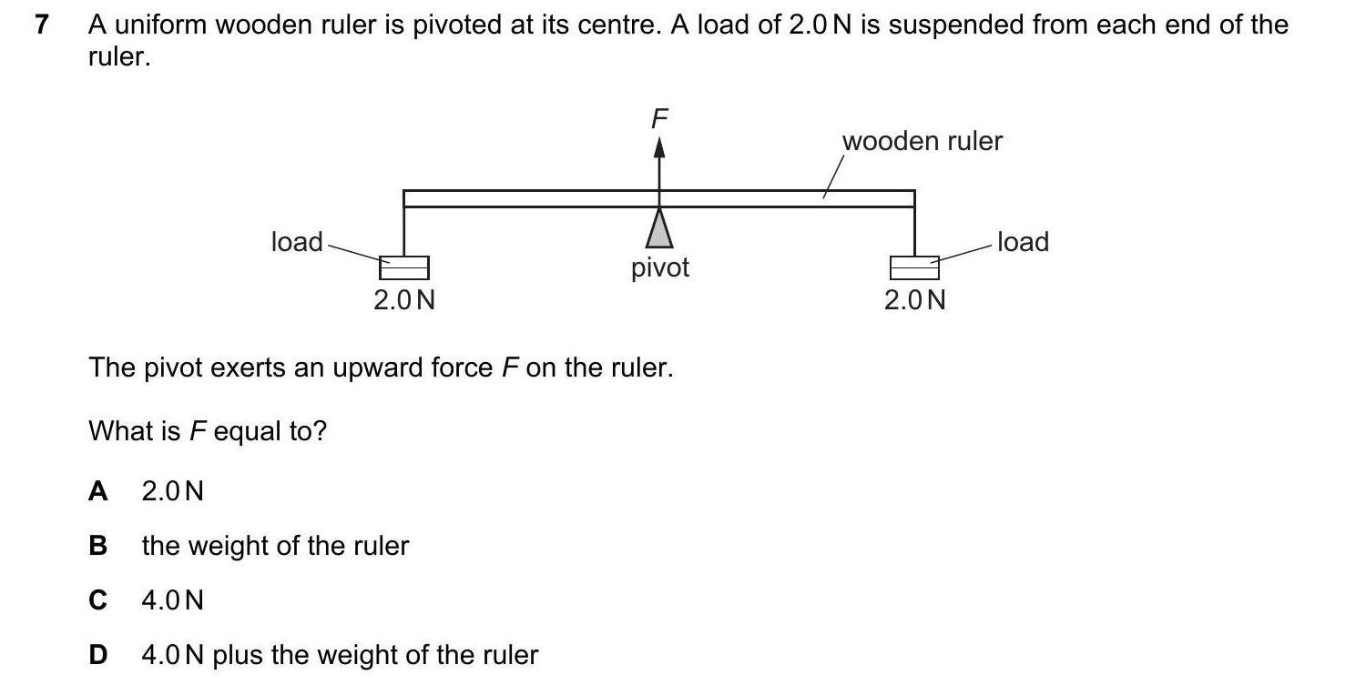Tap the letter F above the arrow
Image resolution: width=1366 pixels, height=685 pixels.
(659, 118)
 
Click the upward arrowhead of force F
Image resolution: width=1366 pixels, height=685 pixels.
(659, 148)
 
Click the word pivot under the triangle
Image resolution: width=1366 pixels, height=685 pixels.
(660, 267)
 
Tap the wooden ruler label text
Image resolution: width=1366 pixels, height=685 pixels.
(922, 141)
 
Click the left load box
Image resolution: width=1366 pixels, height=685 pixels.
(404, 267)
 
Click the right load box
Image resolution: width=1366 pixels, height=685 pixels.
(914, 267)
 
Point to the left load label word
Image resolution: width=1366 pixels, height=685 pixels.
(297, 242)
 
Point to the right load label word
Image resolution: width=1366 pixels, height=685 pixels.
(1023, 242)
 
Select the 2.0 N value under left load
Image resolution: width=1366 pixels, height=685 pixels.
(404, 299)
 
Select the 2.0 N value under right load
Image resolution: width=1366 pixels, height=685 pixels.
(914, 299)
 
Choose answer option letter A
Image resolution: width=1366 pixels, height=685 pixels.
(98, 491)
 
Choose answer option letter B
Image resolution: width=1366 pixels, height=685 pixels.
(98, 546)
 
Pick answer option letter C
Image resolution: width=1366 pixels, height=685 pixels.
(98, 600)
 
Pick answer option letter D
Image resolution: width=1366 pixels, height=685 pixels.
(98, 655)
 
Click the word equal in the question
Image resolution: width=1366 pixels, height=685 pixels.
(247, 430)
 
